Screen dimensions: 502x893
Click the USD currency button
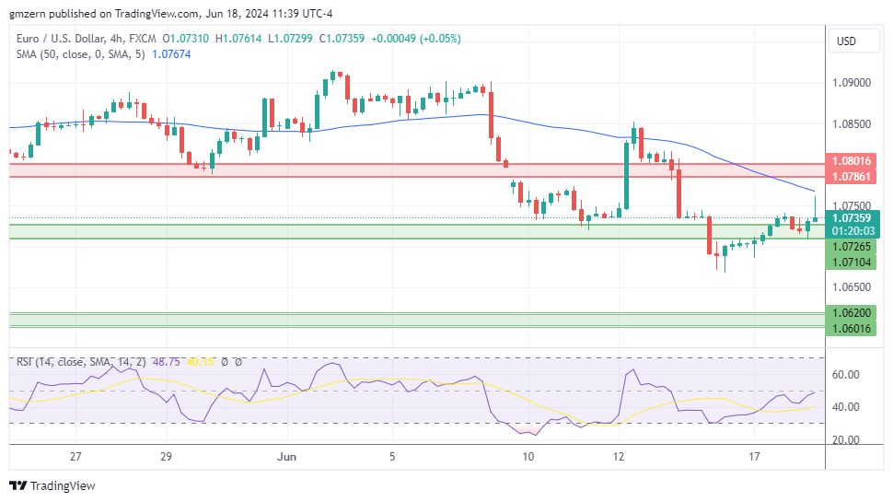845,41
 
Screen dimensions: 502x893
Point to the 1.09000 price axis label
852,83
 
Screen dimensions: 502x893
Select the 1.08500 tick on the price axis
852,124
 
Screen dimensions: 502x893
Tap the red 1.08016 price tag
852,160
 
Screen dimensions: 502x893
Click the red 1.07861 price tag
852,173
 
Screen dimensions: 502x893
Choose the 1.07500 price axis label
852,205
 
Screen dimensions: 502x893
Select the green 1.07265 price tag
852,247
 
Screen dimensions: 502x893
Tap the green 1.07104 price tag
852,263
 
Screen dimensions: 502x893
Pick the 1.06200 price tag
852,313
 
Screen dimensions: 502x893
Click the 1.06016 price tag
852,327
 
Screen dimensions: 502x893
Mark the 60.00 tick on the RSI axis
846,375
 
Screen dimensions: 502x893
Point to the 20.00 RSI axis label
846,440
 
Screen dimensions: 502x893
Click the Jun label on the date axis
287,456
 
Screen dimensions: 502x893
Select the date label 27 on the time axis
75,456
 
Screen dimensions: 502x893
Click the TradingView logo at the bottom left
52,485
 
